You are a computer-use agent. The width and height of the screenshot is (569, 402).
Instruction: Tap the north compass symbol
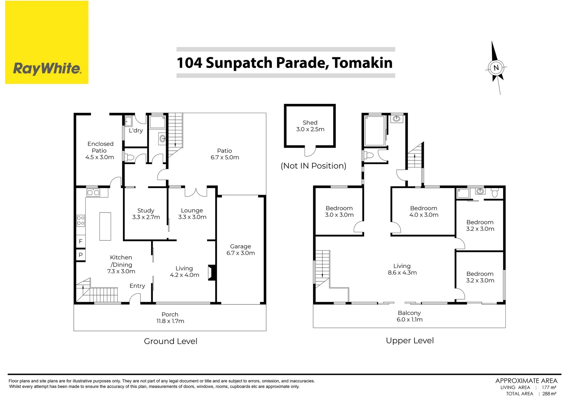[x=496, y=68]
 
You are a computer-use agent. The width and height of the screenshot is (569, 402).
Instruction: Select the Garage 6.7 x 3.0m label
[x=241, y=250]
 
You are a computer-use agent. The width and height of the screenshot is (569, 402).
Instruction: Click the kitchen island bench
[x=105, y=226]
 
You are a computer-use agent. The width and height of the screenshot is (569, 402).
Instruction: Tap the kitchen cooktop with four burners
[x=81, y=221]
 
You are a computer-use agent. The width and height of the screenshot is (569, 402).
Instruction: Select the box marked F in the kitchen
[x=81, y=241]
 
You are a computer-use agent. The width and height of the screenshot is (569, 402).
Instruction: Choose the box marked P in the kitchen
[x=81, y=255]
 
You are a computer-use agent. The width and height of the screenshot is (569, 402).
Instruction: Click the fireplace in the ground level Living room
[x=212, y=272]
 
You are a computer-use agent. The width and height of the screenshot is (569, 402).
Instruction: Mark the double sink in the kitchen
[x=93, y=192]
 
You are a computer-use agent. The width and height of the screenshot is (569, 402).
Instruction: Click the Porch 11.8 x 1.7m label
[x=170, y=318]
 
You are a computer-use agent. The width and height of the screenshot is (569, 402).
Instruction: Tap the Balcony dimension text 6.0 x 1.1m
[x=410, y=320]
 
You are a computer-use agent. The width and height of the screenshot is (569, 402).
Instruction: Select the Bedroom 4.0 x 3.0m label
[x=424, y=211]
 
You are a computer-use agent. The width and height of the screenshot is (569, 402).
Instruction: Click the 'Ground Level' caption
[x=171, y=341]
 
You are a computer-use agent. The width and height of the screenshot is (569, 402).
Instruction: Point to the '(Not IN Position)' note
[x=313, y=166]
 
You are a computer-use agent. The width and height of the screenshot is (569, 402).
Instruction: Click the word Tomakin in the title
[x=362, y=63]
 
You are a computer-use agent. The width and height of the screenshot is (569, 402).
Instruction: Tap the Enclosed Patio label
[x=100, y=150]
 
